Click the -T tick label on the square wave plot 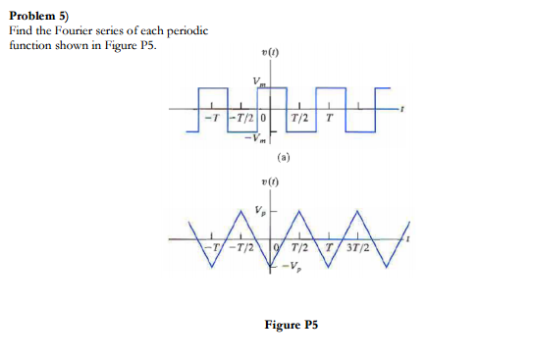209,119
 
